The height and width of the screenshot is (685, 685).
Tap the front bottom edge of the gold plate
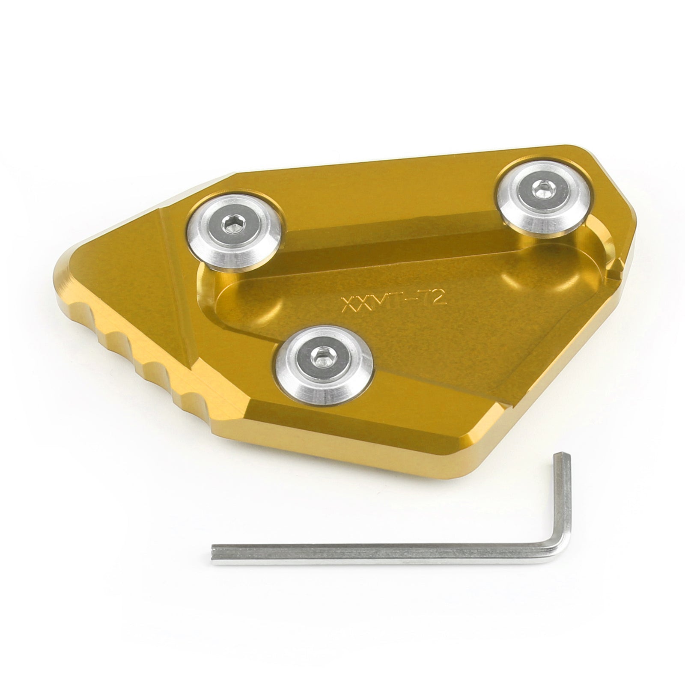(x=342, y=445)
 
